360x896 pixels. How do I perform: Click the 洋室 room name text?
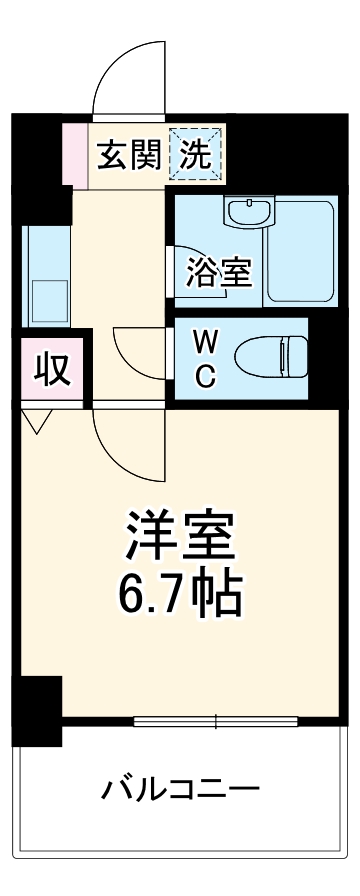pyautogui.click(x=180, y=538)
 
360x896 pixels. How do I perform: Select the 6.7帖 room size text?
pyautogui.click(x=180, y=593)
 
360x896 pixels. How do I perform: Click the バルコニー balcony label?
pyautogui.click(x=181, y=791)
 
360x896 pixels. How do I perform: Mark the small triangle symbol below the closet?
pyautogui.click(x=38, y=421)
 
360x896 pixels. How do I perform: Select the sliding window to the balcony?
pyautogui.click(x=214, y=719)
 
